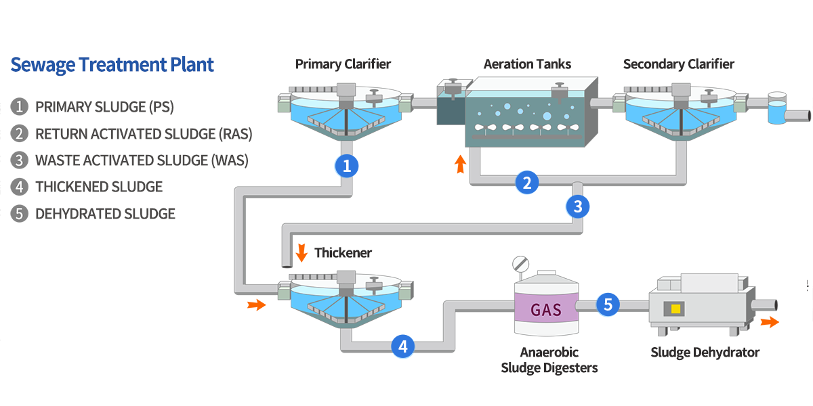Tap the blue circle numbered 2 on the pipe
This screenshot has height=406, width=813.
[526, 182]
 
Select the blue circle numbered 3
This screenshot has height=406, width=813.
[577, 206]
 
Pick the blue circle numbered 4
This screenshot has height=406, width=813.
[403, 346]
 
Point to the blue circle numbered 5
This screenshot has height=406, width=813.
[608, 305]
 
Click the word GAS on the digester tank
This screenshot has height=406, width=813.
[545, 310]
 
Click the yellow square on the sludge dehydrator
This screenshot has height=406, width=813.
[675, 309]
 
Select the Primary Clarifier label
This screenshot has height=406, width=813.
[343, 64]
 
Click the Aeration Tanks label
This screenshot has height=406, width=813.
[527, 64]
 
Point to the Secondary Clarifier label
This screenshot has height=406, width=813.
[678, 64]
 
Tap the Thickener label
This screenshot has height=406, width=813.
[343, 253]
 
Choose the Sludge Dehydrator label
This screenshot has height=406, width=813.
[705, 352]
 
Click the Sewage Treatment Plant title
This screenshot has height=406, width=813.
[112, 65]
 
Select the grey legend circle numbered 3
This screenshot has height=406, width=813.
[20, 160]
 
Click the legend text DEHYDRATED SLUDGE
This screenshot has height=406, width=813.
[105, 214]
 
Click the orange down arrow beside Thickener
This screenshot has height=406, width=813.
[302, 253]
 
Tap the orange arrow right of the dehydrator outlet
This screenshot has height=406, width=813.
[770, 322]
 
